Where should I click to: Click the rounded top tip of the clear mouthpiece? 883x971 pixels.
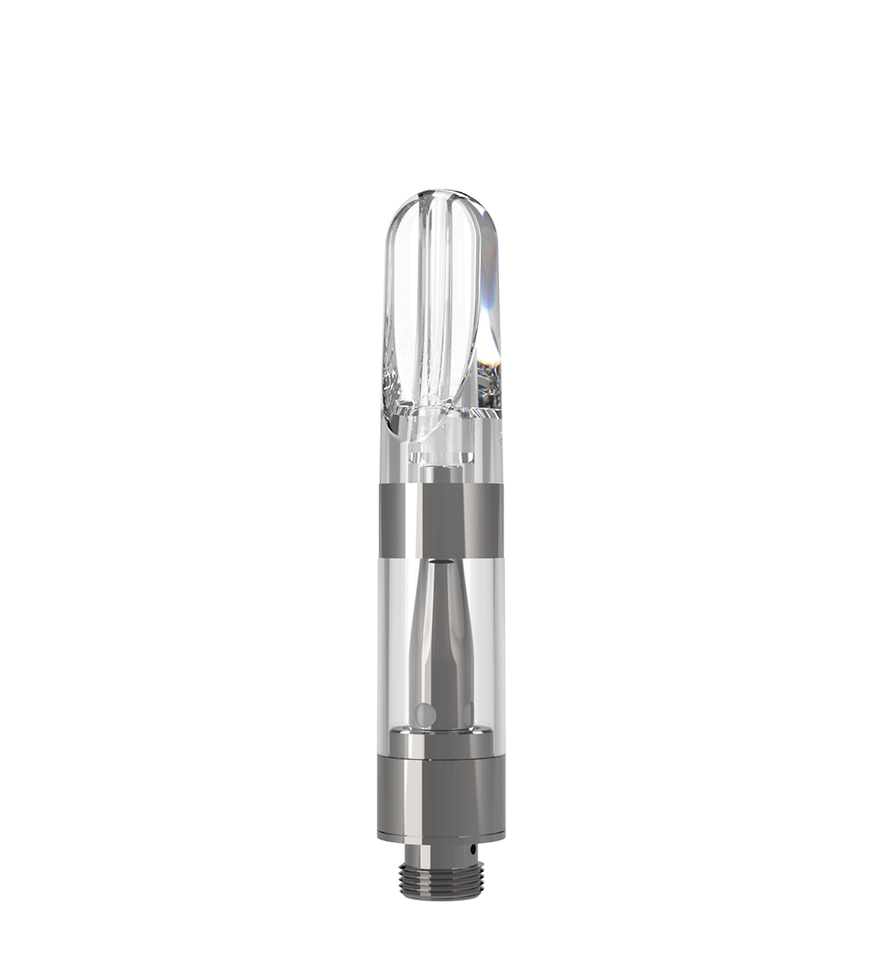point(441,196)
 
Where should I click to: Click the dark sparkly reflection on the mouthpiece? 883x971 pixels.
point(488,380)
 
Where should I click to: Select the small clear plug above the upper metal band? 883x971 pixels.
point(441,453)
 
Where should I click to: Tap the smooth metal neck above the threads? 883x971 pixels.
point(441,852)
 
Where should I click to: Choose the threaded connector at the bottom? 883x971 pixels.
point(441,881)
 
